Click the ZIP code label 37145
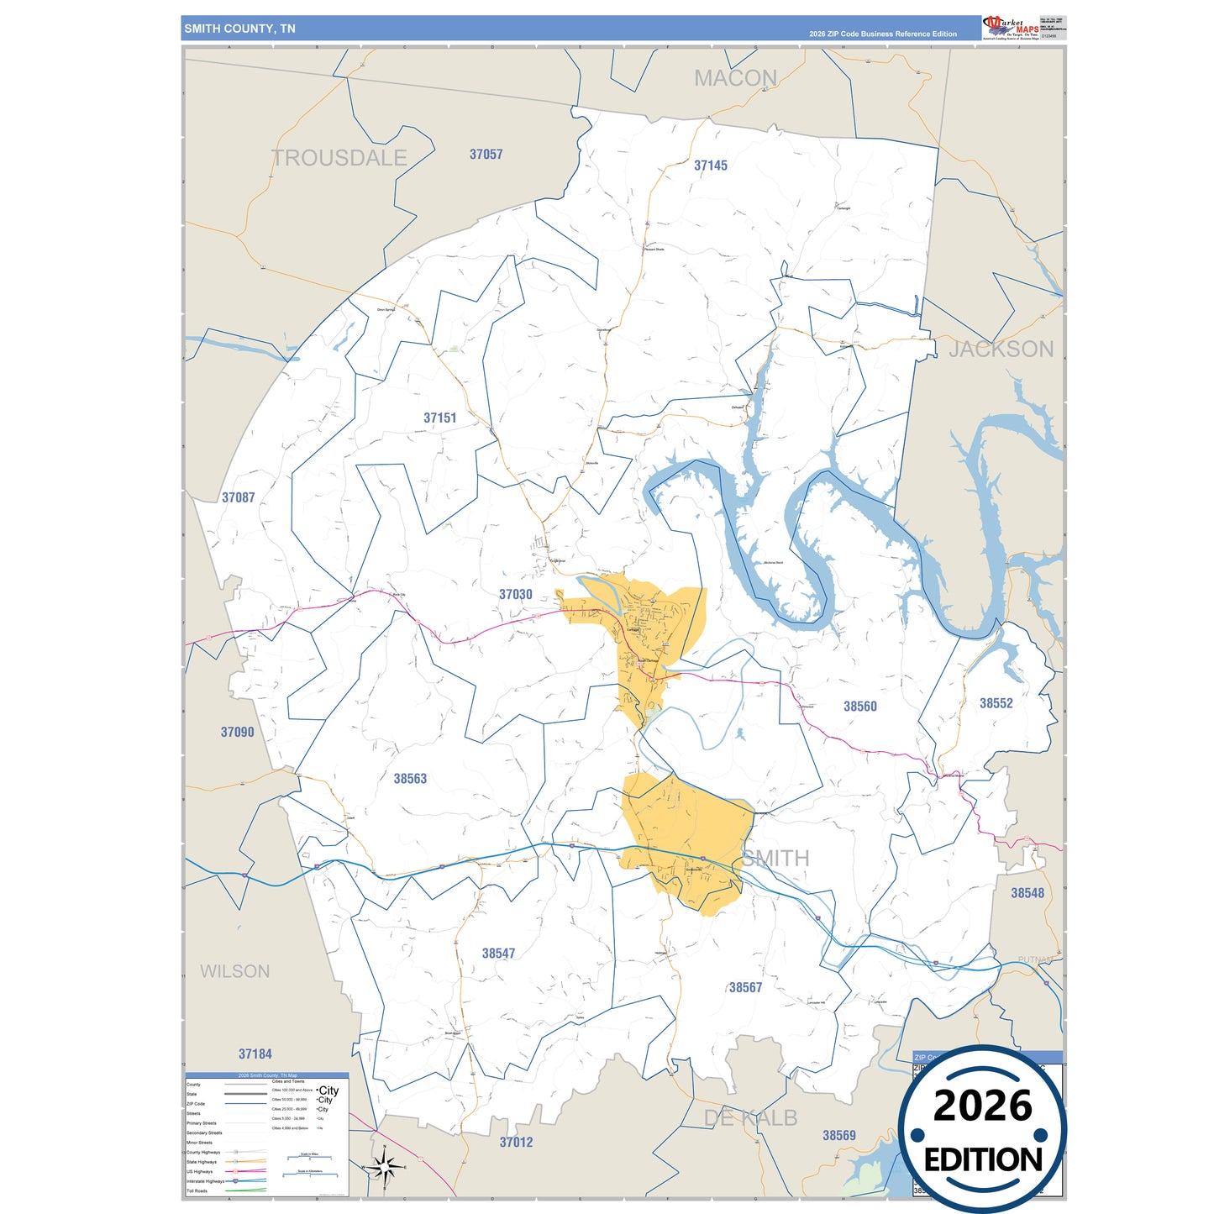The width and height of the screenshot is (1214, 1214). pos(710,166)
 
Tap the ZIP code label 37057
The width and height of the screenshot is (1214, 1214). pos(486,155)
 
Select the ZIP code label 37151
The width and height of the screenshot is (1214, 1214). pos(439,418)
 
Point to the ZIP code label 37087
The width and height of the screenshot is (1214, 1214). pos(238,497)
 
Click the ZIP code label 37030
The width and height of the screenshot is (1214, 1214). pos(515,594)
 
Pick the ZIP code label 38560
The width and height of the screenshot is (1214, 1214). pos(859,707)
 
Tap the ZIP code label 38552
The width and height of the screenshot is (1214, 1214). pos(996,703)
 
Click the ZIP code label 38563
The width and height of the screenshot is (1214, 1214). pos(410,779)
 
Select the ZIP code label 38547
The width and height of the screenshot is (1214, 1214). pos(498,954)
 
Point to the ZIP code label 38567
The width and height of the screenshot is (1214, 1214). pos(745,987)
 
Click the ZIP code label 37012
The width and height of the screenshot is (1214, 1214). pos(516,1142)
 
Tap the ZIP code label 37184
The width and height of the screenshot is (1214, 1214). pos(255,1054)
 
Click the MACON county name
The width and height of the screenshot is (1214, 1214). pos(735,78)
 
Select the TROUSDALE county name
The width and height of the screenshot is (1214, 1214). pos(339,157)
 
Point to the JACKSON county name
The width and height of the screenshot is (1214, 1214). pos(1001,349)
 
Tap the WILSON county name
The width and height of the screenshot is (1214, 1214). pos(234,971)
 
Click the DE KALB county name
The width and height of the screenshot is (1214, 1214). pos(750,1117)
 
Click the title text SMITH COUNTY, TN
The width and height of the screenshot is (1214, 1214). pos(239,29)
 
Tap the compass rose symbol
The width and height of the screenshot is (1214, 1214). pos(384,1167)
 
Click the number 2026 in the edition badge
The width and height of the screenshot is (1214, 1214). pos(982,1106)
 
